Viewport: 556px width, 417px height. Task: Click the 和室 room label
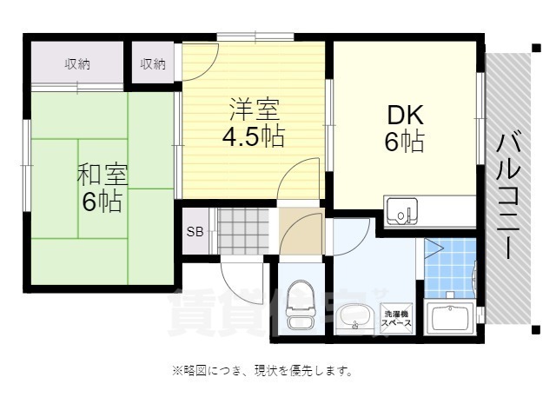pos(103,174)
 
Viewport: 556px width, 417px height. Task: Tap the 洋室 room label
pos(255,110)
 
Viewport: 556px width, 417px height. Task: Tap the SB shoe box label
pos(195,232)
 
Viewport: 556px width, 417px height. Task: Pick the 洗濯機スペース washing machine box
pos(397,317)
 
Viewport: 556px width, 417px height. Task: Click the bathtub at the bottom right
pos(451,319)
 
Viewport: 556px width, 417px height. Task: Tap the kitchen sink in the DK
pos(401,211)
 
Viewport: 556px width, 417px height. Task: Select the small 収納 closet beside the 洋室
pos(153,64)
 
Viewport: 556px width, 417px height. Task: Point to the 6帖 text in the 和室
pos(103,202)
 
